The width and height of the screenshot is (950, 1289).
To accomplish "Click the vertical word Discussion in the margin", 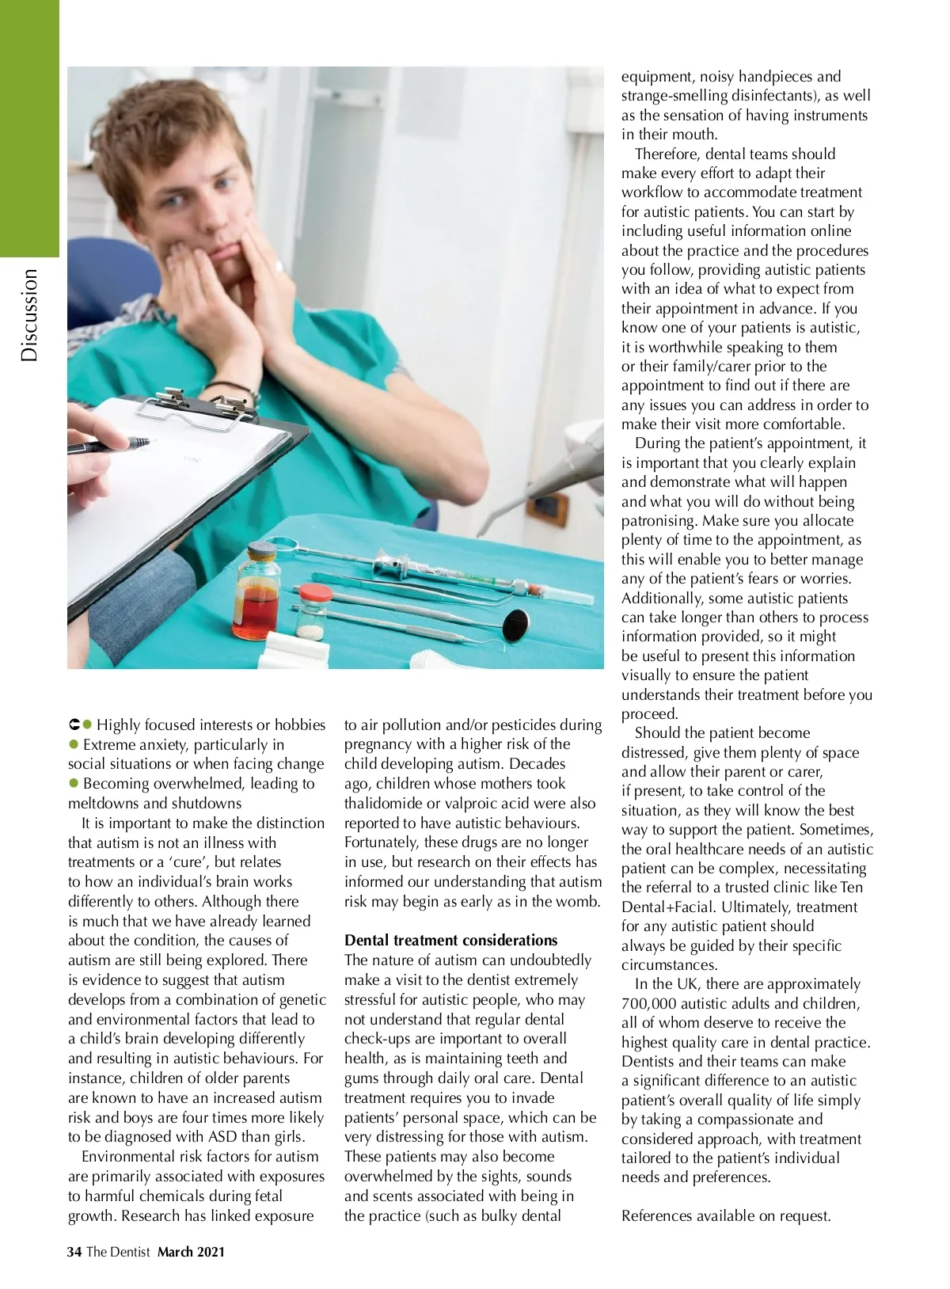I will point(29,315).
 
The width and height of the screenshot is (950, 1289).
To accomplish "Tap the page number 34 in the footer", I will point(74,1252).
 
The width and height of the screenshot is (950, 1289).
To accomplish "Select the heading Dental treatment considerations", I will point(450,940).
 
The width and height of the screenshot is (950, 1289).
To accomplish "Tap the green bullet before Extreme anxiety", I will point(74,744).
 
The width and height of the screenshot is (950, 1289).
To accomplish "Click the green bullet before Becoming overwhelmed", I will point(74,783).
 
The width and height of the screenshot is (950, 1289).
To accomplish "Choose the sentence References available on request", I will point(726,1215).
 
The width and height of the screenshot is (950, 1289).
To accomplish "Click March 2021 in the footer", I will point(191,1252).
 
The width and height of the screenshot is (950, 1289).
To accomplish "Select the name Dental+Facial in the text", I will point(674,907).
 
